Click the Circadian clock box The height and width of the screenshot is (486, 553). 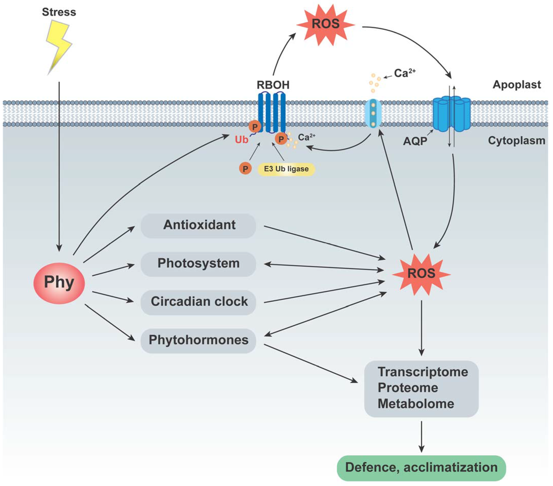(x=198, y=302)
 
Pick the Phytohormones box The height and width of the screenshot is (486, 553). (x=198, y=340)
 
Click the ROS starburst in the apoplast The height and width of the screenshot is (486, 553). (x=325, y=24)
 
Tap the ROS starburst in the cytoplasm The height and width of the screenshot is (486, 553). (x=421, y=274)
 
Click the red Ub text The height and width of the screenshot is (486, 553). (x=241, y=140)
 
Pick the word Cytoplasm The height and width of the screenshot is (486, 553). (x=516, y=140)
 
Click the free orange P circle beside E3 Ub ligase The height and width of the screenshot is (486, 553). (x=245, y=169)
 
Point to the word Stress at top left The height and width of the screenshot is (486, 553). (x=59, y=12)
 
